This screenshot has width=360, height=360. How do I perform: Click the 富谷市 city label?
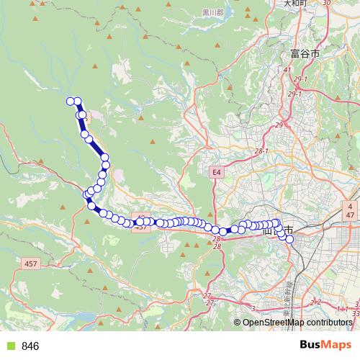[x=305, y=53]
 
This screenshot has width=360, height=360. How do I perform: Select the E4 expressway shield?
[x=217, y=172]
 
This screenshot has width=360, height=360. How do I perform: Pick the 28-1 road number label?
[x=261, y=151]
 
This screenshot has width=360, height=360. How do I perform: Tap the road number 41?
[x=287, y=69]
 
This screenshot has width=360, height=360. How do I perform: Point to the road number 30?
[x=326, y=3]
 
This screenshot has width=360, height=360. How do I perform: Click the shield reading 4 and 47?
[x=349, y=210]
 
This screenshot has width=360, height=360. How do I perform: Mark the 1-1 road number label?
[x=343, y=308]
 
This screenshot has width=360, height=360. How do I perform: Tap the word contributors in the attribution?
[x=330, y=322]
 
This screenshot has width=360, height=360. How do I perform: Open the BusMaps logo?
[x=325, y=345]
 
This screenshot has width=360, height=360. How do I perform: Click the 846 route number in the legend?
[x=30, y=346]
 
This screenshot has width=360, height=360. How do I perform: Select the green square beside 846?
[x=10, y=346]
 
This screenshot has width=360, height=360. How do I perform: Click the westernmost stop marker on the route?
[x=71, y=102]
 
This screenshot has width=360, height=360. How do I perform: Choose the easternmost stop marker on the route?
[x=290, y=239]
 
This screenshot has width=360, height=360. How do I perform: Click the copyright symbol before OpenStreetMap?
[x=238, y=322]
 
